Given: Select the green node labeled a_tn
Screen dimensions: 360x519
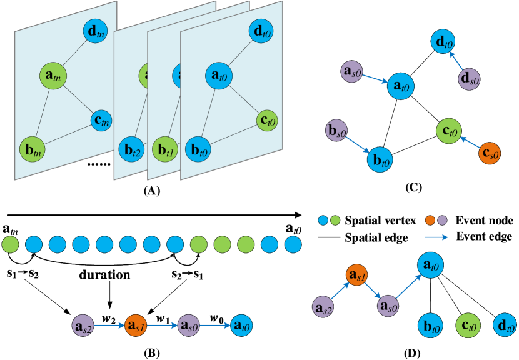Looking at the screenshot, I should [x=53, y=76].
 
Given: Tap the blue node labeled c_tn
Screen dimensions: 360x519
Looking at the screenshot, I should [x=101, y=120].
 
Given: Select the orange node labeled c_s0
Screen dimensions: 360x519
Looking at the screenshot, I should [x=490, y=153].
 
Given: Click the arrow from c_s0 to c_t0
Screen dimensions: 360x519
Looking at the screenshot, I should [x=470, y=143].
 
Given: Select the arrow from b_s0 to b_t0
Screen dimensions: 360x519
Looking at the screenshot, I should [x=358, y=145].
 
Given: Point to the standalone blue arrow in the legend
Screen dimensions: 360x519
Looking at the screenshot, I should [x=436, y=237].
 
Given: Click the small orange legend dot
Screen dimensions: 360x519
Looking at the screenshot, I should [x=430, y=220].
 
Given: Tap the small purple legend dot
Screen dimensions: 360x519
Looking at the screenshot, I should [x=442, y=220].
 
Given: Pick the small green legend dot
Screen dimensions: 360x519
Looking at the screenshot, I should [x=335, y=220].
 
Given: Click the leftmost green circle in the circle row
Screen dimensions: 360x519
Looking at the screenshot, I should [x=10, y=244].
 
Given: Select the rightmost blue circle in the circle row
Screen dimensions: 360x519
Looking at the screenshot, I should [x=293, y=244].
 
